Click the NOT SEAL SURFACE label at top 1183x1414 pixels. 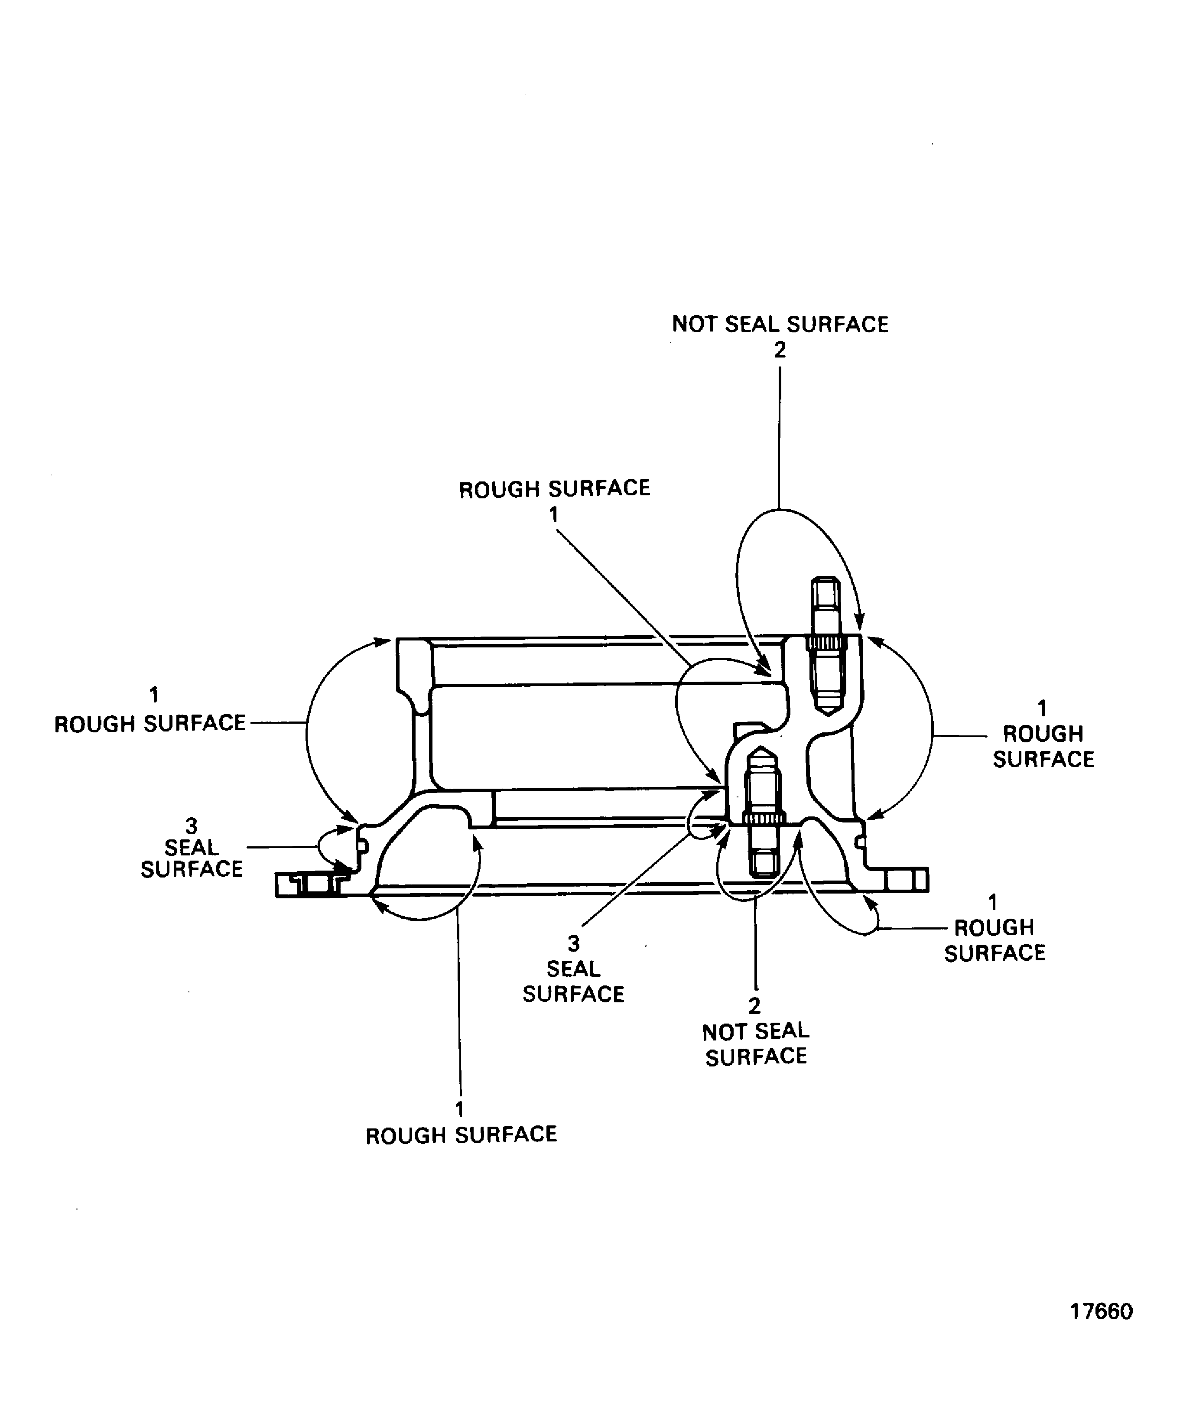[780, 325]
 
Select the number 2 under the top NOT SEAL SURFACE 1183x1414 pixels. [779, 350]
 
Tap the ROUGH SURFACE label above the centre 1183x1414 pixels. [554, 489]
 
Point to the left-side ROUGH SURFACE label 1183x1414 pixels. [149, 723]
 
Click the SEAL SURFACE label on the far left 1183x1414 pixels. [191, 858]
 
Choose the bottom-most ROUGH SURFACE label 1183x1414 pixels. [461, 1135]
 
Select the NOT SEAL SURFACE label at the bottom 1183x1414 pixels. [755, 1043]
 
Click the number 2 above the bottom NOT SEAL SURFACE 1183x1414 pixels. [754, 1006]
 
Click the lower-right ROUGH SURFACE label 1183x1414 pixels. [994, 940]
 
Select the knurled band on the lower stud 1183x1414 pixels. [764, 818]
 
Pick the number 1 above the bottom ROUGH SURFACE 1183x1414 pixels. [460, 1109]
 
